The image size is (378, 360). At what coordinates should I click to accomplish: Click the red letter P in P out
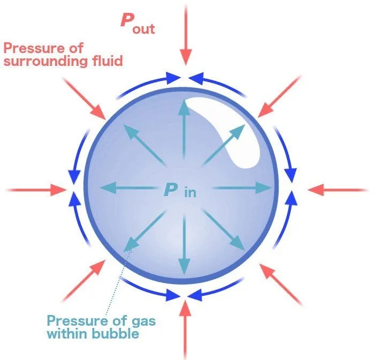click(127, 20)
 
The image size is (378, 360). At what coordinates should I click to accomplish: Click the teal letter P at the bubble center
click(171, 189)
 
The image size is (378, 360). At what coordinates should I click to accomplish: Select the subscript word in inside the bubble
click(190, 192)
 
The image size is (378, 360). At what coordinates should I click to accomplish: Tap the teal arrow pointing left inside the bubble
click(128, 188)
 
